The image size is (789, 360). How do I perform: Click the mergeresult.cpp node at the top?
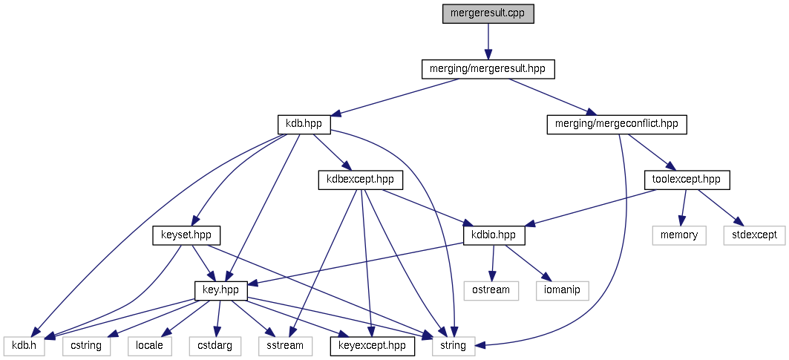point(488,13)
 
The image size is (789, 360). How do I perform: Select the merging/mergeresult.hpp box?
point(488,69)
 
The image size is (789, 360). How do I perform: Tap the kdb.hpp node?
point(303,124)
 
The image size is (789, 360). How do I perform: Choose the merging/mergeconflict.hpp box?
point(617,124)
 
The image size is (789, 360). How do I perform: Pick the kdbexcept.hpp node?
point(360,179)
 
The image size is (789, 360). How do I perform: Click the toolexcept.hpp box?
point(687,179)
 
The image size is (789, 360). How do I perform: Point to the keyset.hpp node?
point(186,235)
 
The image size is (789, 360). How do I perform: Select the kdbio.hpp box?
point(494,235)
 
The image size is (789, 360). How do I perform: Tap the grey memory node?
point(679,235)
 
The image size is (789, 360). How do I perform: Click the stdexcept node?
point(753,235)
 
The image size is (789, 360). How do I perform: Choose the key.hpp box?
point(220,290)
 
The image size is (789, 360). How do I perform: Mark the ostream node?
point(491,289)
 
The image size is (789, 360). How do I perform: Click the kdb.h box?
point(24,345)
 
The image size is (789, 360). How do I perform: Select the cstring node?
point(87,345)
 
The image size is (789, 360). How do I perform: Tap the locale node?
point(149,345)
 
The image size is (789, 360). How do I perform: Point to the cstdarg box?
point(215,345)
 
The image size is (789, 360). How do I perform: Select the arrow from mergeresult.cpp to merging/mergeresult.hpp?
point(488,41)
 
